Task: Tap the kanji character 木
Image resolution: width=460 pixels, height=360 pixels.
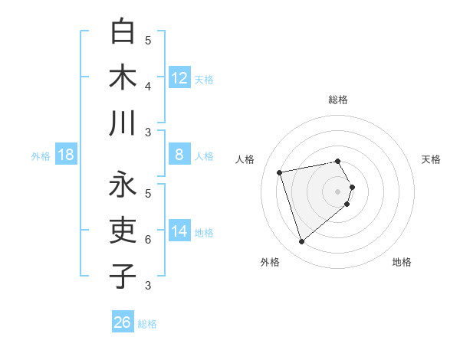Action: click(123, 79)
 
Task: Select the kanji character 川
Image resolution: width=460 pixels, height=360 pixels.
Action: click(123, 124)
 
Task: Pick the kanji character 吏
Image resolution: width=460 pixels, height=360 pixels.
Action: click(123, 231)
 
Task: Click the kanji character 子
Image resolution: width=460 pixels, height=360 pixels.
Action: click(123, 276)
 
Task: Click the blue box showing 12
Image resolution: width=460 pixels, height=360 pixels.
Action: click(179, 78)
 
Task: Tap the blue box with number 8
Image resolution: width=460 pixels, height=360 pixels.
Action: click(179, 155)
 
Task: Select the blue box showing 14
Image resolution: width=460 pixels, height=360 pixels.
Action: click(179, 231)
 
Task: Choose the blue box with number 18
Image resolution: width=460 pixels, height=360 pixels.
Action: click(66, 155)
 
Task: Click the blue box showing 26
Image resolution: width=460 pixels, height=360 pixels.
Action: click(123, 322)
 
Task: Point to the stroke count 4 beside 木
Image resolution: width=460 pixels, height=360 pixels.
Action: click(148, 86)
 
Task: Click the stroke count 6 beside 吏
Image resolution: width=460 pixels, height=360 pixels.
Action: click(148, 239)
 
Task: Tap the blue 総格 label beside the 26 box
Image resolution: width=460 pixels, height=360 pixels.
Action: click(147, 324)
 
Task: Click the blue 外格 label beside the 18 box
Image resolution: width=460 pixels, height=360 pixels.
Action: click(41, 156)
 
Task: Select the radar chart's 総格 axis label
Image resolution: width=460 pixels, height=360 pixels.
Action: click(338, 100)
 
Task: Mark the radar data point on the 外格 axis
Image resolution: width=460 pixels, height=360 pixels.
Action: click(301, 242)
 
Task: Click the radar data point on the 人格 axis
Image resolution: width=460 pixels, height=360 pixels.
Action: click(280, 172)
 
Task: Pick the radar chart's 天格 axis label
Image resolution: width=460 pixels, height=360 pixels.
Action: click(432, 159)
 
